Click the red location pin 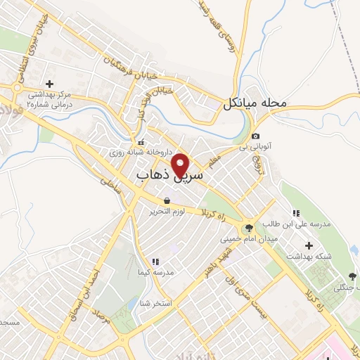tap(181, 164)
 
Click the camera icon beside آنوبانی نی tap(255, 136)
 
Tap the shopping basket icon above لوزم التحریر tap(166, 200)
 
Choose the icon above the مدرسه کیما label tap(155, 262)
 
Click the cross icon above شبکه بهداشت tap(309, 245)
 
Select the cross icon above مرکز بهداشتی tap(49, 84)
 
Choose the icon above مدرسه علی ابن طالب tap(296, 212)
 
